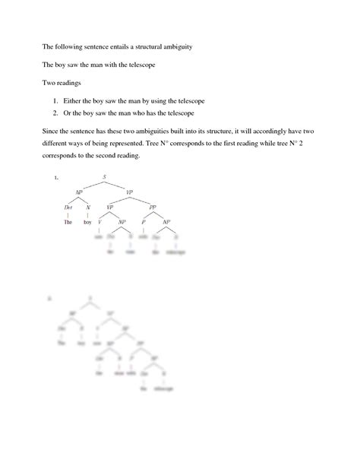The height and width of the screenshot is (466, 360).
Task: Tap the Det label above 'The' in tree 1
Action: click(68, 207)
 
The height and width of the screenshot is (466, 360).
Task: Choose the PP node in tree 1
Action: click(152, 207)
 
